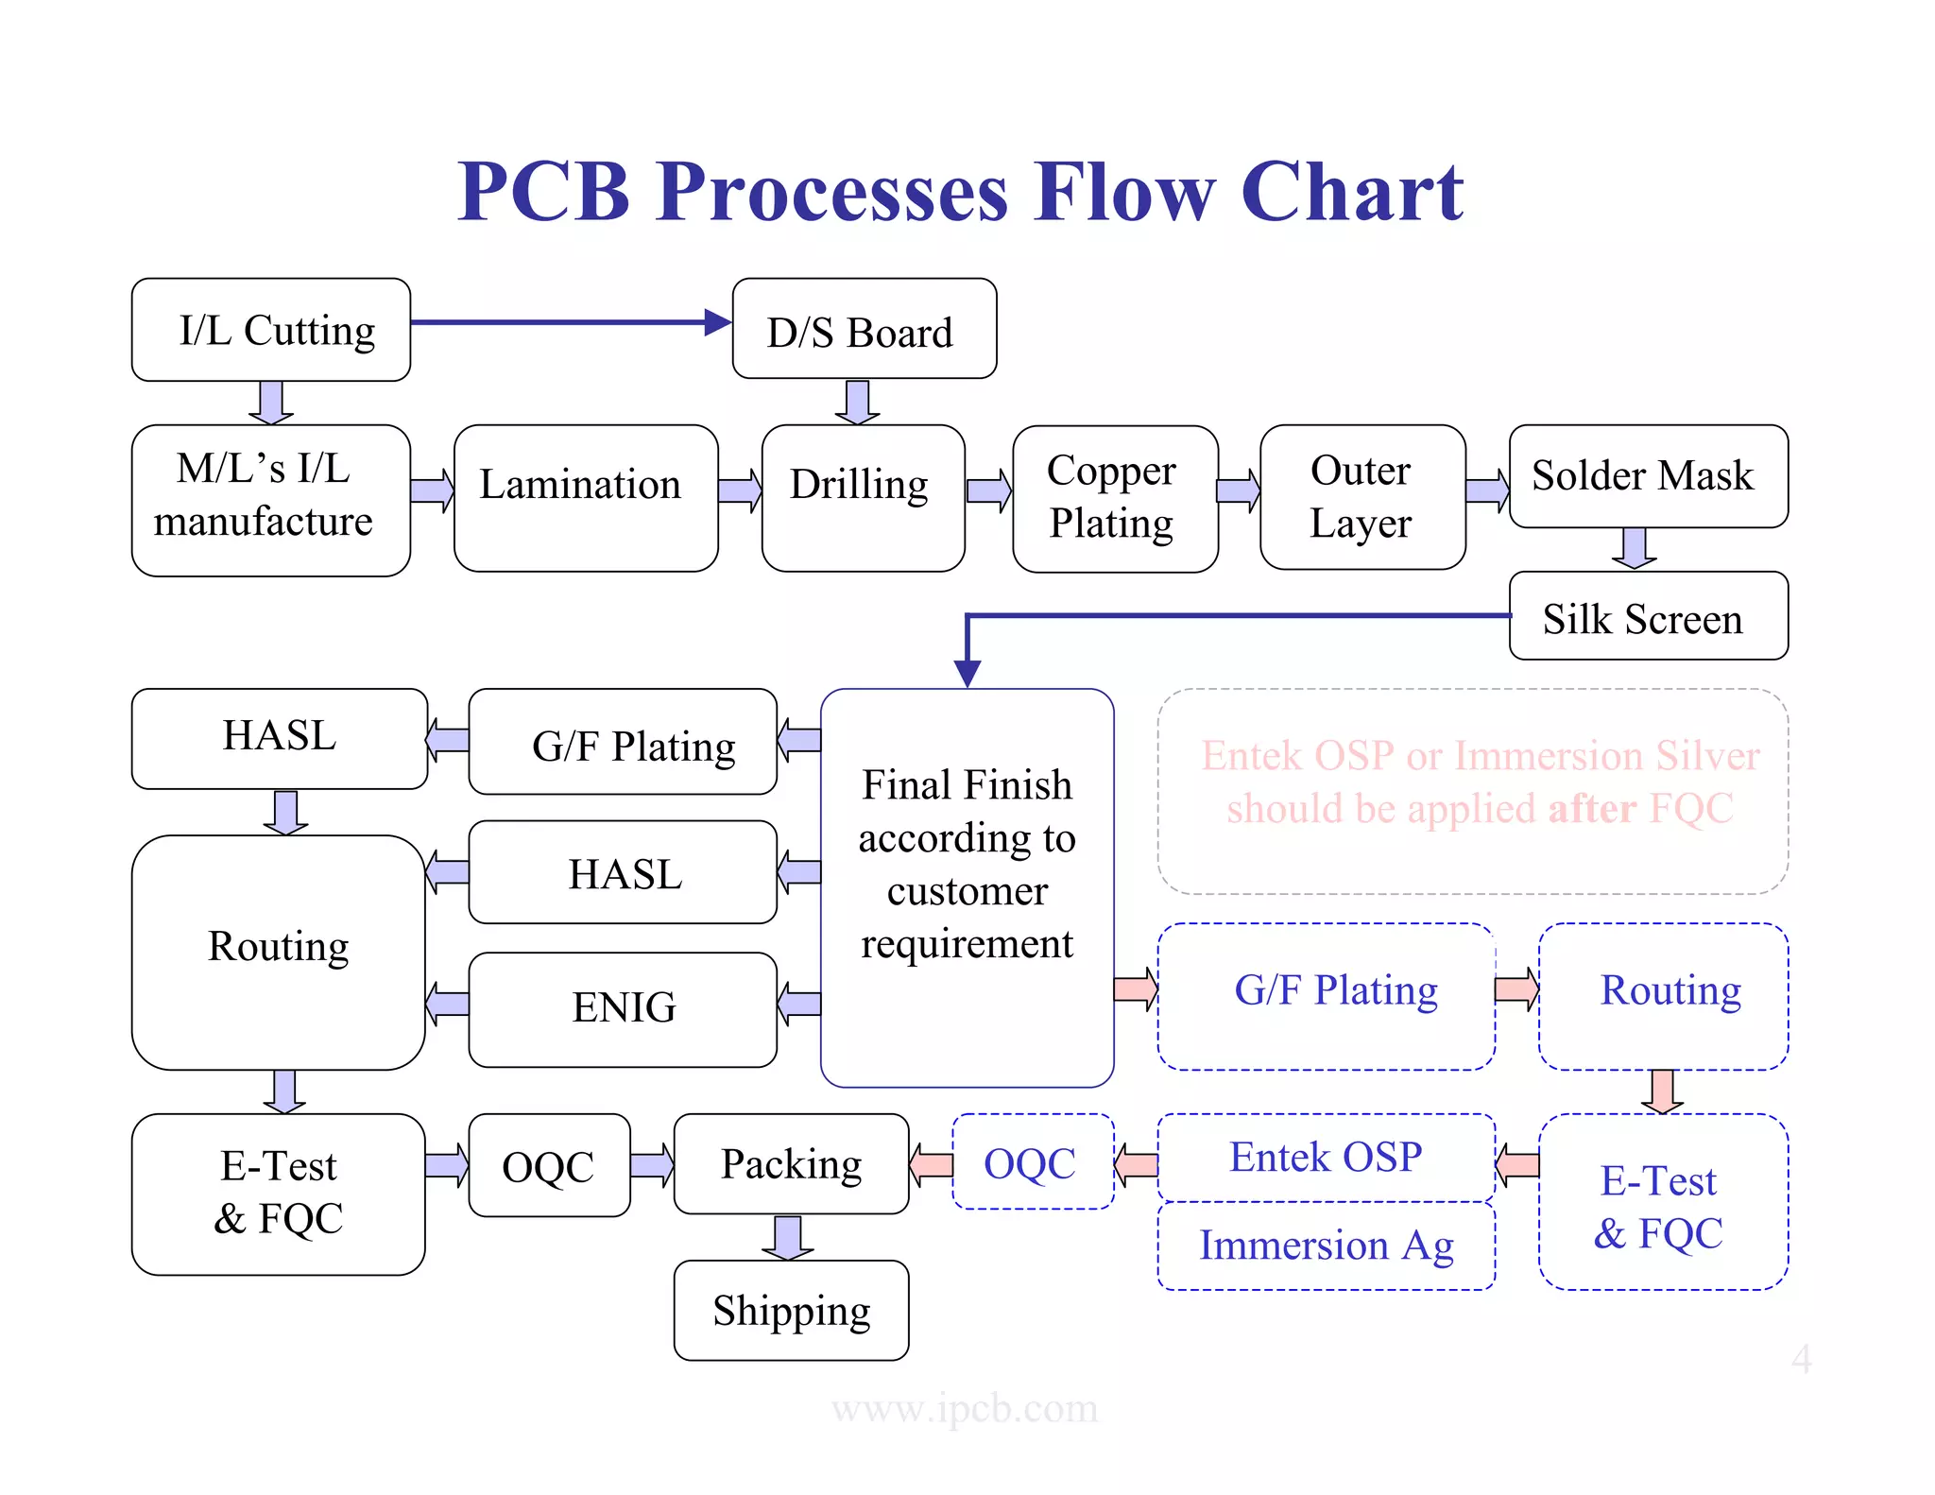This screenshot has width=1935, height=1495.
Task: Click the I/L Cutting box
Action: point(271,330)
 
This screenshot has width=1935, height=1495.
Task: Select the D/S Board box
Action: point(864,330)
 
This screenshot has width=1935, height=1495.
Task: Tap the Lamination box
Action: point(585,497)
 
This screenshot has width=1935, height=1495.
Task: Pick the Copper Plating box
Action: point(1114,498)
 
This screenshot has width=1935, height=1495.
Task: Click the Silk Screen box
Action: point(1648,616)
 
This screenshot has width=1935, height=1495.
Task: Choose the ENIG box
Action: point(623,1008)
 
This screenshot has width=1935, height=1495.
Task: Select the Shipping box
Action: point(791,1310)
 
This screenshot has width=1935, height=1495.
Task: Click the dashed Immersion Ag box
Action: point(1326,1246)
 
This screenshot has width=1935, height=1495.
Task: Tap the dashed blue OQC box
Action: point(1032,1162)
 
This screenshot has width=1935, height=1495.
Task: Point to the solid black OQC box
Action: point(549,1165)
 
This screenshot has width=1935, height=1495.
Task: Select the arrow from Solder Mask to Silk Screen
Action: point(1634,548)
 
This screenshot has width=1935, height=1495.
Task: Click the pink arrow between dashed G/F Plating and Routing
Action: point(1516,989)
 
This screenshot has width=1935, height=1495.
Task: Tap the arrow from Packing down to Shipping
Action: point(788,1237)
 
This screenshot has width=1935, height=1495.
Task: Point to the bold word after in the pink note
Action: point(1592,809)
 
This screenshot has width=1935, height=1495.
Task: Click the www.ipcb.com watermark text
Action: point(965,1408)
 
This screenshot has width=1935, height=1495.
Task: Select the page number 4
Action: point(1801,1359)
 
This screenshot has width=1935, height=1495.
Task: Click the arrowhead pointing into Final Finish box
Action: point(967,674)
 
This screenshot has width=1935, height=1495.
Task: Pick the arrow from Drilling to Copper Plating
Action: point(988,491)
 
